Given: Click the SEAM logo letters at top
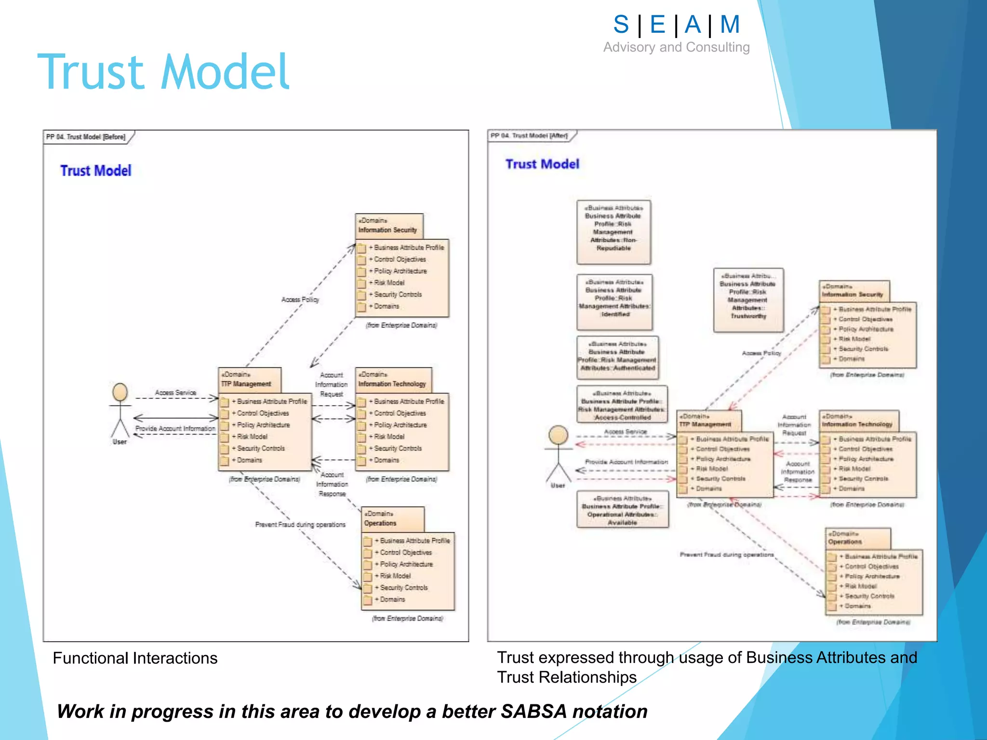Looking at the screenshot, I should [x=676, y=25].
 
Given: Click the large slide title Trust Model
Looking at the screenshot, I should [x=163, y=72].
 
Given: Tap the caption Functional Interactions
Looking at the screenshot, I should [x=135, y=658].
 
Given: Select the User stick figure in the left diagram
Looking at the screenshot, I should [x=120, y=412].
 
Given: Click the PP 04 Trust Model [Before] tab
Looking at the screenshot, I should [x=86, y=137].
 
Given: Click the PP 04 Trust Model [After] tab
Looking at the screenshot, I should [x=529, y=136].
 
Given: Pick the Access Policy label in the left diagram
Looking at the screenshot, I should [x=300, y=300].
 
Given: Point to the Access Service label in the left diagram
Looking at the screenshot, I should [x=175, y=393].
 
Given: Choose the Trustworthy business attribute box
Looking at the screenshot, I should [x=748, y=300].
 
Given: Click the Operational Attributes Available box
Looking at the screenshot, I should [x=622, y=510].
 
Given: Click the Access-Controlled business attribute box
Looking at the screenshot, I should [x=622, y=405].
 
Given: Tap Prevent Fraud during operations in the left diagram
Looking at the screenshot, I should [x=300, y=525].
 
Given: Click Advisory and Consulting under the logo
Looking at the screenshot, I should [x=676, y=47].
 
